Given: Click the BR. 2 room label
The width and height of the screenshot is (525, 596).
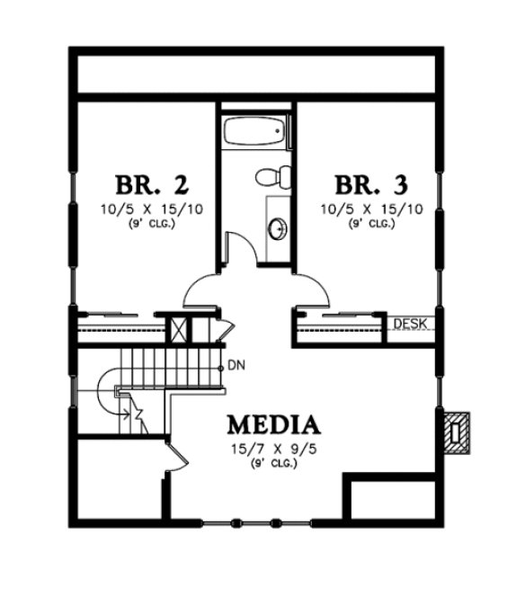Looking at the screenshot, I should pos(151,185).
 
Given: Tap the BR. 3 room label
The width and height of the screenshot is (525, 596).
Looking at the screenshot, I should pos(371,185).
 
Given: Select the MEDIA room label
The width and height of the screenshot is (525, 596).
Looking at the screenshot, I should pos(273,423).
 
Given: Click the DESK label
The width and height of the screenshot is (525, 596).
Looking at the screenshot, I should pos(409,324).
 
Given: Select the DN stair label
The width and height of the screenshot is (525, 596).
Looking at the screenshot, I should pos(236,365).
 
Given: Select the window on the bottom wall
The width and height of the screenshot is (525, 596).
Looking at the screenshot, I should pos(237,522).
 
